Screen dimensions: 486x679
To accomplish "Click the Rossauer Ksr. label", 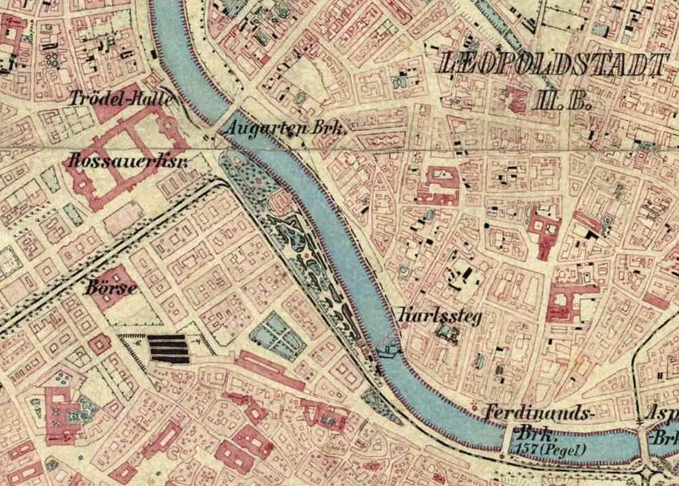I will click(127, 162).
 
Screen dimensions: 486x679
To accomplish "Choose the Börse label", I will click(111, 288).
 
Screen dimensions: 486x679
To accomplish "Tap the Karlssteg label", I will click(440, 316).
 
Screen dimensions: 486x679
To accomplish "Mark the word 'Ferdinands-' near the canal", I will click(539, 414).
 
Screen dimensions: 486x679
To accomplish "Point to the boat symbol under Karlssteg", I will click(387, 351).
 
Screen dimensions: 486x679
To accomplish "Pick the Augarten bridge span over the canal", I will click(224, 122).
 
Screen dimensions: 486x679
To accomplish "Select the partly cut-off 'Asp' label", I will click(661, 415).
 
